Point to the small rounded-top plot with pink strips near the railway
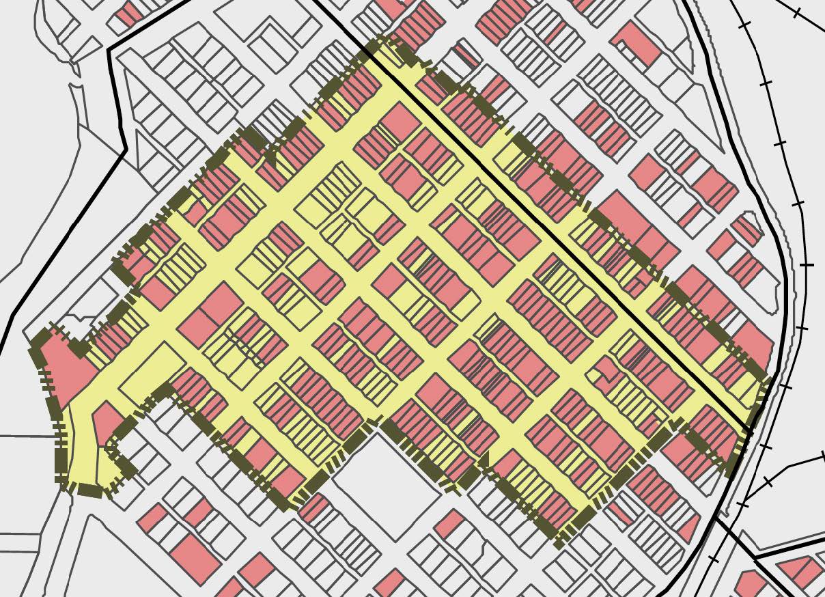coord(747,230)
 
